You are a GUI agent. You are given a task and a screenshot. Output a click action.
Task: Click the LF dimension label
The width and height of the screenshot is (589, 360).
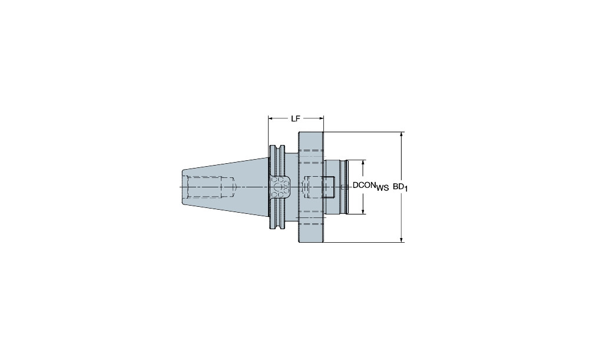click(296, 119)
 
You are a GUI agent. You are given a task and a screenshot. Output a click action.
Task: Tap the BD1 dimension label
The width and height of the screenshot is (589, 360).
click(401, 187)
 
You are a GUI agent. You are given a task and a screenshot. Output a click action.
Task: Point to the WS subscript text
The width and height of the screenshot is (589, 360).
click(382, 189)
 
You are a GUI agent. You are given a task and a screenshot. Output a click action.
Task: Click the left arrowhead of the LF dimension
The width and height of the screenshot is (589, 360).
click(270, 119)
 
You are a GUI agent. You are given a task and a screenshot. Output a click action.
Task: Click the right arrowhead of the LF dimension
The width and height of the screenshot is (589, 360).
click(321, 119)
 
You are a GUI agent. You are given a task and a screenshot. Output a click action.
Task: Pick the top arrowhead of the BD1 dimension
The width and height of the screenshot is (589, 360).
click(402, 134)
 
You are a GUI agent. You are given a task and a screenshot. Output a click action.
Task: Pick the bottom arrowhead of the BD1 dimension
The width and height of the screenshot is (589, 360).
click(402, 240)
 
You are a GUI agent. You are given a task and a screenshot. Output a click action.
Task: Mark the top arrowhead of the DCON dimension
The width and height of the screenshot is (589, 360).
click(363, 163)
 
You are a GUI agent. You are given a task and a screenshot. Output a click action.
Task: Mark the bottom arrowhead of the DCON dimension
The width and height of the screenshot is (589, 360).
click(363, 211)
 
